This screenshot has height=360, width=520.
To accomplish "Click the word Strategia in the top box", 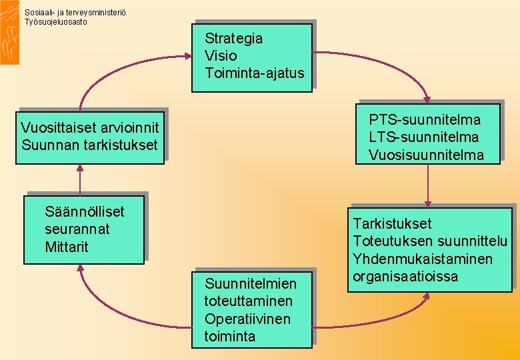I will [233, 39].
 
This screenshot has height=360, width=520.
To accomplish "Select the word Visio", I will [221, 56].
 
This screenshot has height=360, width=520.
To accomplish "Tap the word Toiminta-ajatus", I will [254, 73].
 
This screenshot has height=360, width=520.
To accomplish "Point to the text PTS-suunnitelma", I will [425, 120].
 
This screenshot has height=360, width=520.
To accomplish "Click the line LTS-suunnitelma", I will [424, 137].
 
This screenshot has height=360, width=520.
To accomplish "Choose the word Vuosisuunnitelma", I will [426, 155].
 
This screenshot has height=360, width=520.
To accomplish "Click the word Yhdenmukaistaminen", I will [423, 259].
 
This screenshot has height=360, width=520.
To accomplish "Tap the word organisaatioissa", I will [405, 276].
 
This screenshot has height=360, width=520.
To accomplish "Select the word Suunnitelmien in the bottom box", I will [250, 284].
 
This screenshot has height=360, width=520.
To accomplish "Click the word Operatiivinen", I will [247, 319].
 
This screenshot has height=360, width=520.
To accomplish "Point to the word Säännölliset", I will [85, 212].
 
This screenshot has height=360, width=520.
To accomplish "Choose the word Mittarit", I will [67, 247].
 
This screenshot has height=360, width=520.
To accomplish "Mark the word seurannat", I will [77, 229].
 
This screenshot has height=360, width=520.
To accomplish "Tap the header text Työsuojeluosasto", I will [55, 21].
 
